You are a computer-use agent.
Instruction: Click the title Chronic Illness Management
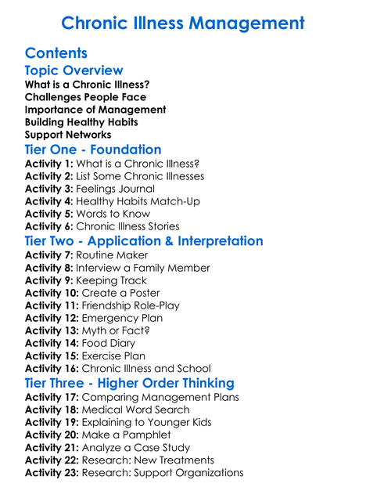(182, 23)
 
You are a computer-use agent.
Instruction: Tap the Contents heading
(56, 53)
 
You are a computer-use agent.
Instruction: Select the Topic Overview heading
(74, 70)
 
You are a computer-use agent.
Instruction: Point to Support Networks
(68, 135)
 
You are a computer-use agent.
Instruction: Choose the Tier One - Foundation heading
(93, 150)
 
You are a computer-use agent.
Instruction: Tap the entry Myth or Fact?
(120, 330)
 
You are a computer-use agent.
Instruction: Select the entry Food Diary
(109, 343)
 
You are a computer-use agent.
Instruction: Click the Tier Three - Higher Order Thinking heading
(129, 383)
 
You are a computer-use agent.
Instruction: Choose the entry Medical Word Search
(136, 410)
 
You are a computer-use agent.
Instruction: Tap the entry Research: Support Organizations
(163, 472)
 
